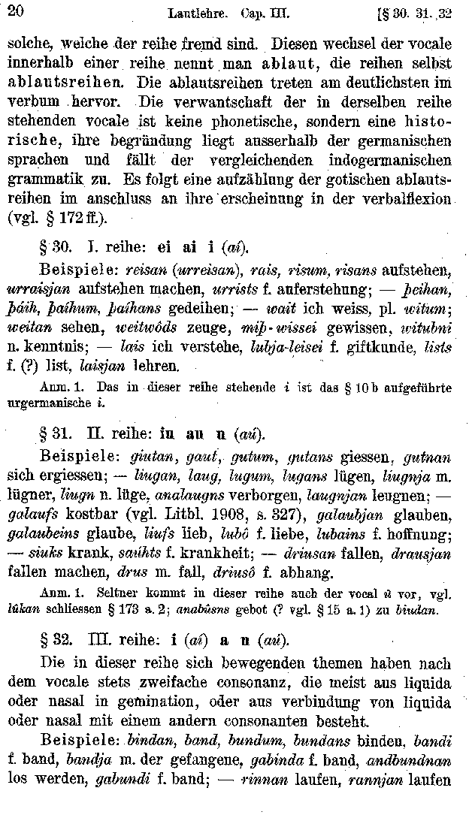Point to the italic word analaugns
click(178, 495)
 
